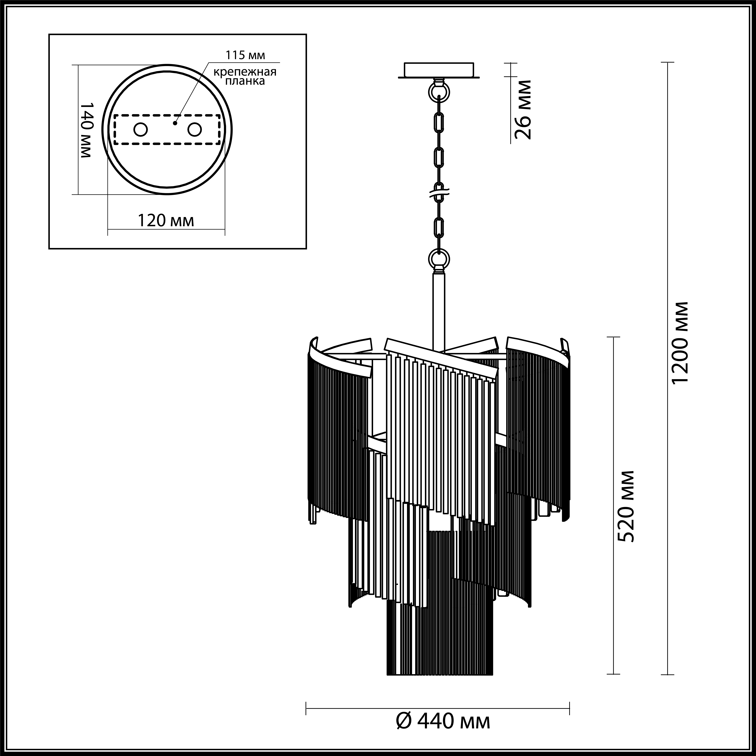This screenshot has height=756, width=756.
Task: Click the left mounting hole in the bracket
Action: click(x=140, y=130)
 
